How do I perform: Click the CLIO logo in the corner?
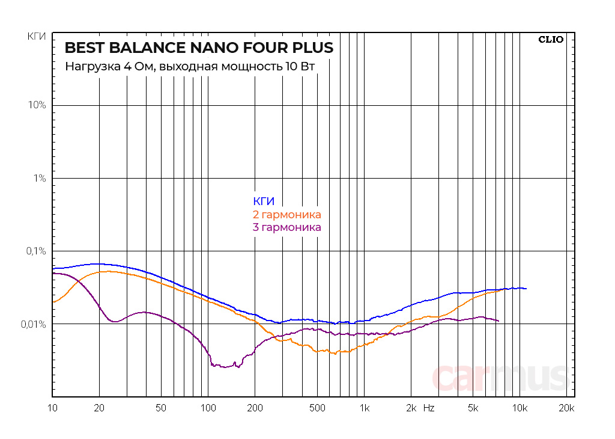pos(551,40)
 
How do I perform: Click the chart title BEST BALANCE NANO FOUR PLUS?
pos(199,48)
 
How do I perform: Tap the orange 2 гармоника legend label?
pos(287,215)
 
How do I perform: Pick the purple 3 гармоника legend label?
pos(287,227)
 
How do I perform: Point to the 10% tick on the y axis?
pos(37,105)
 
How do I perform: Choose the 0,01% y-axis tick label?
pos(34,324)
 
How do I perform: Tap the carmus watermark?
pos(500,377)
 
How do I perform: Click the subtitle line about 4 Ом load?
pos(190,66)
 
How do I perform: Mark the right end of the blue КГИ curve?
pos(526,289)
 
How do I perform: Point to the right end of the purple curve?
pos(498,321)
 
